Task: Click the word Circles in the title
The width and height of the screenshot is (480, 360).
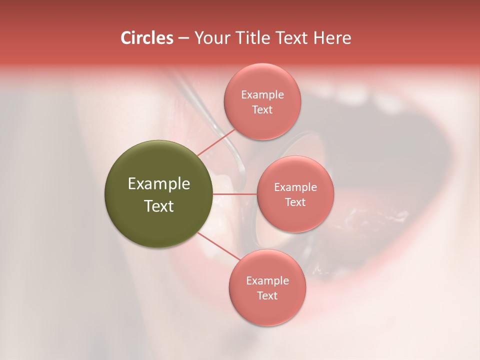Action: pos(147,38)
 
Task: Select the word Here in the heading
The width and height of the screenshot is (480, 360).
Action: pos(332,38)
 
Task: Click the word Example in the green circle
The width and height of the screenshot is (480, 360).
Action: pos(159,184)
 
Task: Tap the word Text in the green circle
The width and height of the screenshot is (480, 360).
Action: pos(159,206)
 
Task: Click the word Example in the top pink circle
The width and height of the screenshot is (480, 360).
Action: pos(262,94)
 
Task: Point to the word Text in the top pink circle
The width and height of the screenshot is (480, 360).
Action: pos(262,109)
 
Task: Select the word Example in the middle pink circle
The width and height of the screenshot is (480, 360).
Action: pos(295,187)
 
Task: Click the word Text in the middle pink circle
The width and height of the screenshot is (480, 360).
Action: pos(295,202)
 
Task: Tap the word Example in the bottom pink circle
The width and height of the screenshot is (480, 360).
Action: pos(267,280)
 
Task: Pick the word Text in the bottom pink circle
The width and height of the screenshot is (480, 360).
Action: pos(267,295)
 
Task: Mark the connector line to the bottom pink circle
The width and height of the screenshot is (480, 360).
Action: pos(218,246)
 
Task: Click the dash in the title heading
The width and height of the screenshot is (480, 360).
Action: pos(183,38)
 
